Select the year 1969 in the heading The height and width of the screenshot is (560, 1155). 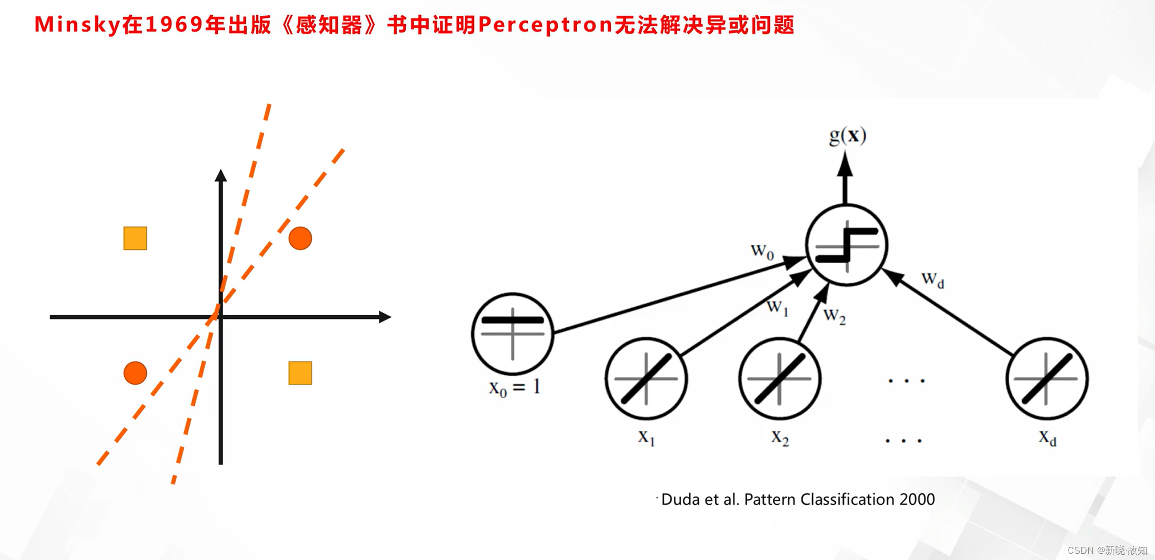pos(174,25)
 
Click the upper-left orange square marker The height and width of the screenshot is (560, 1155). pos(135,238)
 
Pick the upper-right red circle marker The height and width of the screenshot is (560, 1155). pos(300,238)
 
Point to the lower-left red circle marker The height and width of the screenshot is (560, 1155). pos(135,373)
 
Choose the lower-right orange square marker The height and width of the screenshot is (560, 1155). pos(300,373)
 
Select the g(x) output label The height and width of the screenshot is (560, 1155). pos(847,136)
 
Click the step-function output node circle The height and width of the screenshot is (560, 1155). pos(847,245)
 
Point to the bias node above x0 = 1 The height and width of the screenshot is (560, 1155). pos(513,333)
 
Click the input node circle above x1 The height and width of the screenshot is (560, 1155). pos(646,378)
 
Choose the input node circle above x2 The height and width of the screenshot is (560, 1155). pos(780,378)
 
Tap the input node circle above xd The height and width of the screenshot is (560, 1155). pos(1047,378)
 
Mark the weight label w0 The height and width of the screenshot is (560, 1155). pos(762,252)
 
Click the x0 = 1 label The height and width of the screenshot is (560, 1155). pos(514,388)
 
